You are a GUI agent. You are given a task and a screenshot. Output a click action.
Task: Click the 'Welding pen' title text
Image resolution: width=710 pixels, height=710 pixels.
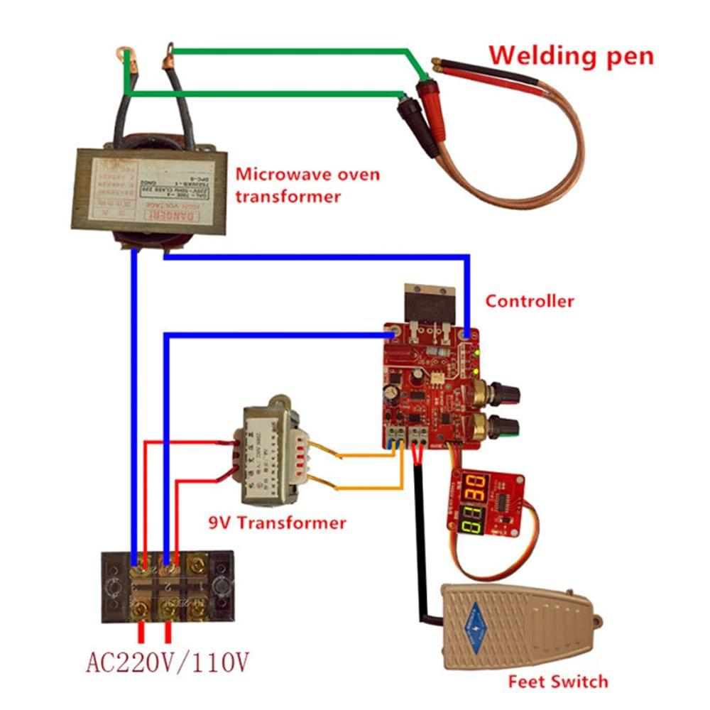pos(571,55)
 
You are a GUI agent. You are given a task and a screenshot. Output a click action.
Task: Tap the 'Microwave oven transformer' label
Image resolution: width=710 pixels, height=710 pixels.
pos(307,185)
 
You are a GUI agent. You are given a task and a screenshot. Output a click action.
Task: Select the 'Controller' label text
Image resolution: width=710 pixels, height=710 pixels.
pos(529,301)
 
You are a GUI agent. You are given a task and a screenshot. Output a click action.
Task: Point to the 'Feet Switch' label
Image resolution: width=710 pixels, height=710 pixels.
pos(558,682)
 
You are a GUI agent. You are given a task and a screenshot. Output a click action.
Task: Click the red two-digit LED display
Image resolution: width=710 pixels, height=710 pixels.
pos(473,488)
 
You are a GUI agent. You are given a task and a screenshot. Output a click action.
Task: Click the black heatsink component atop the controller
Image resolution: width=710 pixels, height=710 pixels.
pos(427,302)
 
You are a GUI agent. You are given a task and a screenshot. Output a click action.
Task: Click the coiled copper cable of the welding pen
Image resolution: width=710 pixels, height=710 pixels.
pos(554,177)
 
